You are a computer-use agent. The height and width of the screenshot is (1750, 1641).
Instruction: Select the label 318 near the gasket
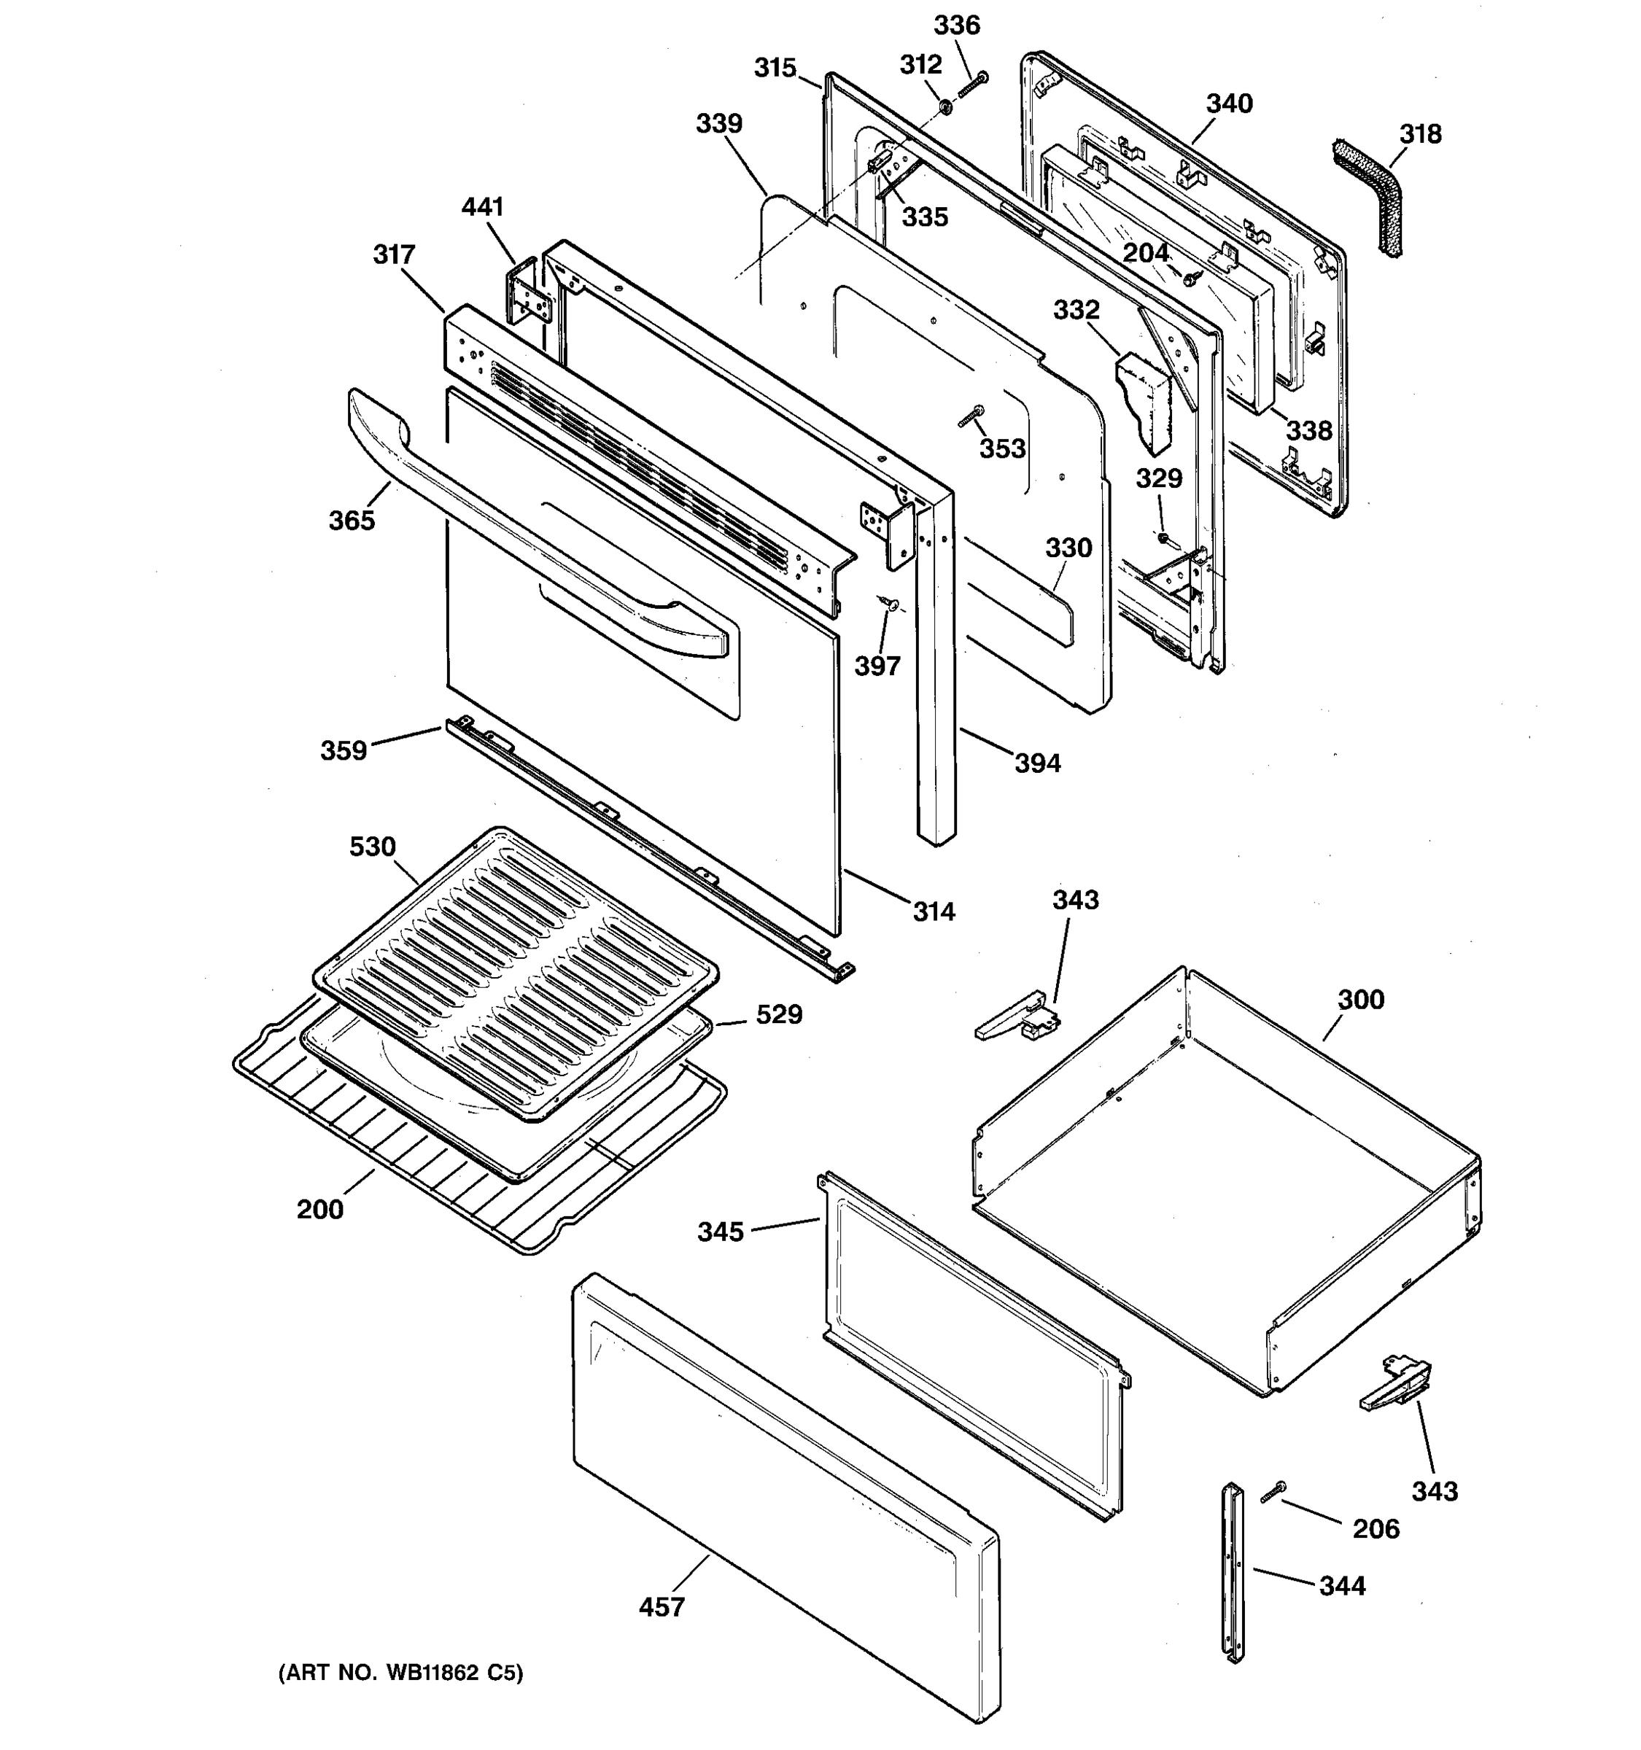point(1420,134)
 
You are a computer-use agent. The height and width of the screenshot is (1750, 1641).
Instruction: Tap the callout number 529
point(779,1014)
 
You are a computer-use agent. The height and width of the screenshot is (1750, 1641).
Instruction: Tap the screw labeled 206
point(1272,1491)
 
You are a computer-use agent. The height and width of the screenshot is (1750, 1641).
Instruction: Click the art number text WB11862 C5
point(400,1673)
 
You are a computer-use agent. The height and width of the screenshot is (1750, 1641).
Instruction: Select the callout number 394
point(1037,763)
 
